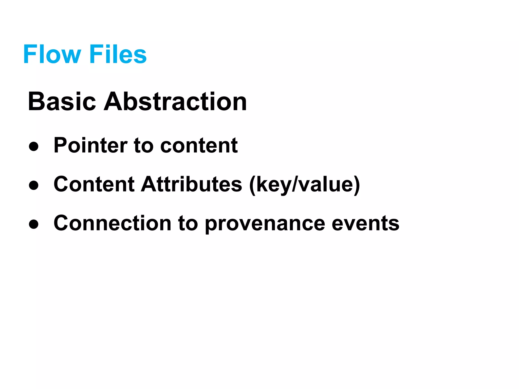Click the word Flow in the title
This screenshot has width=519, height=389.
[52, 54]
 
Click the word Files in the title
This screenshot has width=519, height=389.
[118, 54]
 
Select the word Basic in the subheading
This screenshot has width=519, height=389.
[62, 102]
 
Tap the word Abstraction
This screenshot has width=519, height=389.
[175, 102]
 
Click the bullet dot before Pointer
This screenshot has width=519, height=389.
[33, 147]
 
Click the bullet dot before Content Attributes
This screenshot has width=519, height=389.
[33, 185]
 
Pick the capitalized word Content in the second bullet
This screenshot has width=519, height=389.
[94, 184]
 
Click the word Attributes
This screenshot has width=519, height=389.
[192, 184]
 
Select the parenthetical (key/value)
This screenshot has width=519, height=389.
[304, 185]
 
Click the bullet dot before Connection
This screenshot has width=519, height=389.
[33, 224]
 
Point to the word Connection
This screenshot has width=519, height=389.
[113, 223]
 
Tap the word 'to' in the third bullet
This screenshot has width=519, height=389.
[188, 224]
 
